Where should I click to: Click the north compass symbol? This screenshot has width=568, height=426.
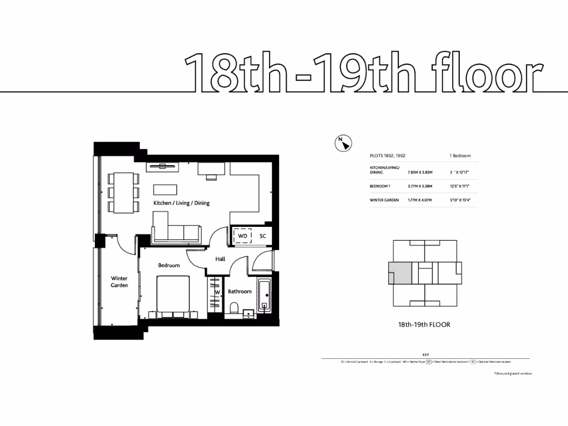[343, 143]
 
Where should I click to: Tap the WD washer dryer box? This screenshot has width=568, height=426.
[242, 236]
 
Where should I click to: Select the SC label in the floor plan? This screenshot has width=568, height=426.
[263, 236]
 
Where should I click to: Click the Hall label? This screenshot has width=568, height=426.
[220, 259]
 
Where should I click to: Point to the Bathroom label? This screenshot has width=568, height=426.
[240, 291]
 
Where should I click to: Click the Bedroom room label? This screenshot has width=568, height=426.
[169, 265]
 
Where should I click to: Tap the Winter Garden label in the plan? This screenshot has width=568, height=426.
[119, 282]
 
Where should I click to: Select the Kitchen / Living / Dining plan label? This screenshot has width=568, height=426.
[181, 203]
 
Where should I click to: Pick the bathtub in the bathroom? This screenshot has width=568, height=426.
[265, 295]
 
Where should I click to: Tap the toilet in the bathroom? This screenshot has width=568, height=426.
[234, 307]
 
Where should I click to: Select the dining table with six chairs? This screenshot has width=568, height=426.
[122, 192]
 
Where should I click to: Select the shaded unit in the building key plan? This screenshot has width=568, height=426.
[400, 273]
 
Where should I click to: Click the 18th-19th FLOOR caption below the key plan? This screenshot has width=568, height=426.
[424, 324]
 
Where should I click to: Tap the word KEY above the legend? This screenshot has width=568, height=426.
[425, 354]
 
